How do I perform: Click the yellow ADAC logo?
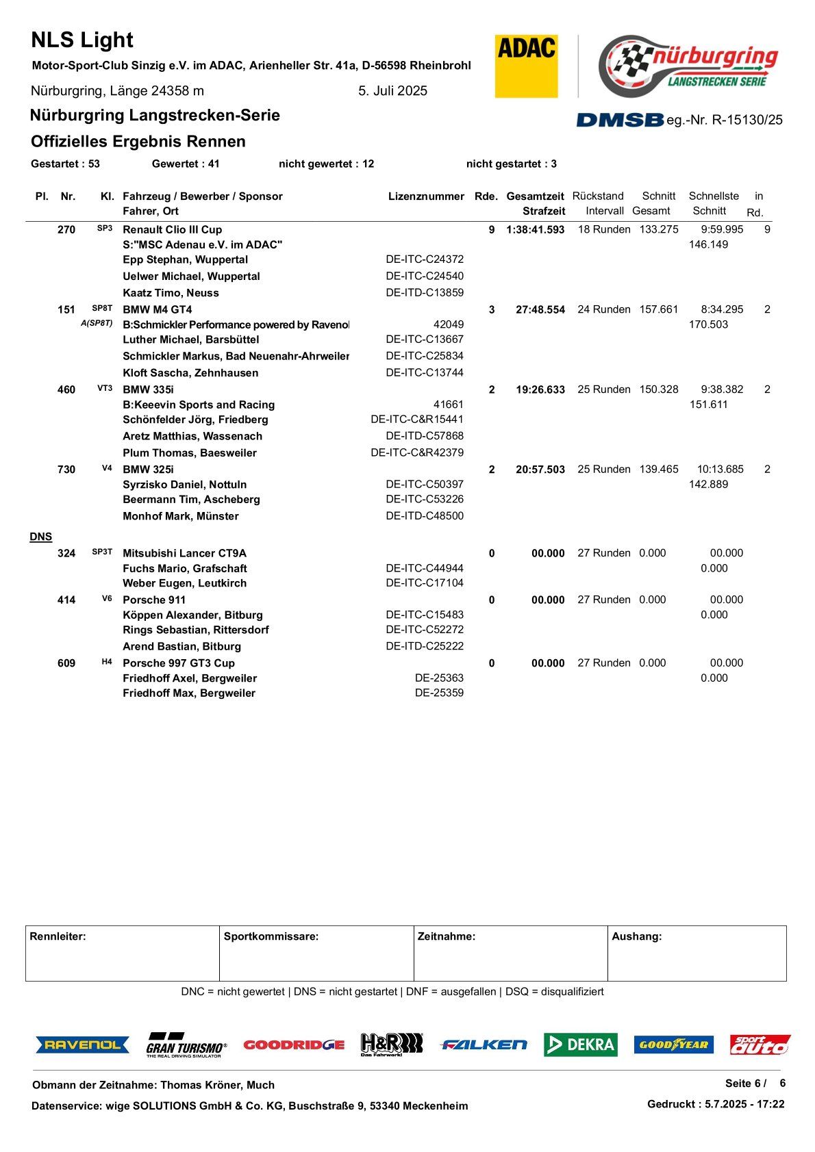click(x=526, y=66)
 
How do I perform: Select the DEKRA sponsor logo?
click(x=580, y=1045)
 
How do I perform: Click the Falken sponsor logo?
click(x=484, y=1045)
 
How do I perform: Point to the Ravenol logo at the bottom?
click(x=82, y=1045)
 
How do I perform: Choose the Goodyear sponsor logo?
click(x=673, y=1045)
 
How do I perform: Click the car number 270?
click(x=66, y=230)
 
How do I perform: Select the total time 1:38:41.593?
click(x=535, y=230)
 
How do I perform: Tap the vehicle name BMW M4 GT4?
click(x=158, y=309)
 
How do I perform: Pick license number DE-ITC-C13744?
click(x=425, y=372)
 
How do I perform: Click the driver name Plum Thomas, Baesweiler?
click(x=190, y=453)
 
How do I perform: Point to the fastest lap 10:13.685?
click(x=720, y=469)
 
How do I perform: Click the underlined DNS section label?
click(x=41, y=537)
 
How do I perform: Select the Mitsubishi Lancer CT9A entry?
click(x=184, y=553)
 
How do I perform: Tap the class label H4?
click(x=107, y=662)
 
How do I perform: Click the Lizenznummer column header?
click(x=426, y=196)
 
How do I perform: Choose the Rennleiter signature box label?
click(x=58, y=936)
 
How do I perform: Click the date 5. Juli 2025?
click(x=392, y=91)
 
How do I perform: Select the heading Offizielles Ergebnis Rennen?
click(x=138, y=142)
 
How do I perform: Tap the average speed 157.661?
click(x=658, y=309)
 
